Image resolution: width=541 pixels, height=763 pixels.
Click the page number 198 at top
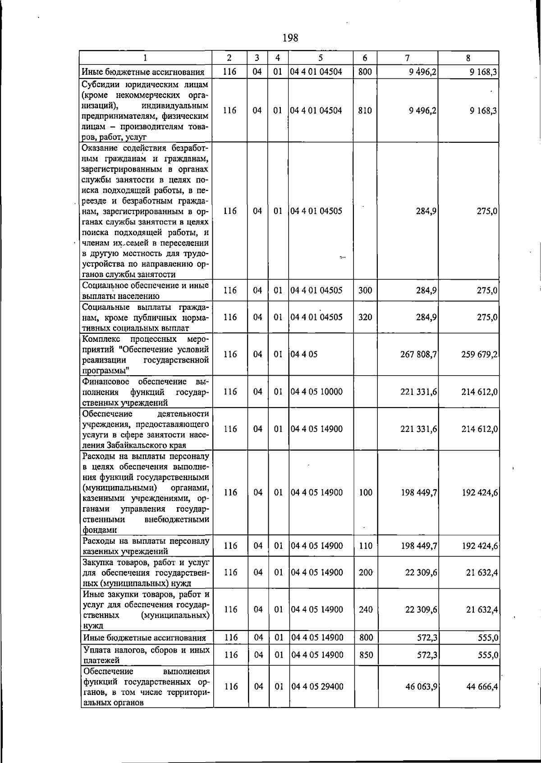(x=290, y=38)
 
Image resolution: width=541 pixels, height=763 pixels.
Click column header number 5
(x=321, y=58)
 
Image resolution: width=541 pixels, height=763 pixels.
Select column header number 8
(x=468, y=58)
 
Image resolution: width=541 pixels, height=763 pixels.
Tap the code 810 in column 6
(x=365, y=110)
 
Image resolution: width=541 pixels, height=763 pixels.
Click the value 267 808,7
(x=418, y=354)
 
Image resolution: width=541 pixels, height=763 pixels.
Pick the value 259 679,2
(x=479, y=354)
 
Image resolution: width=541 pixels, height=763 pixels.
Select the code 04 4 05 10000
(x=316, y=392)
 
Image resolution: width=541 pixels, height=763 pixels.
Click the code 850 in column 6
(x=365, y=655)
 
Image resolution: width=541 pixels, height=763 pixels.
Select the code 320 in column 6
(x=365, y=317)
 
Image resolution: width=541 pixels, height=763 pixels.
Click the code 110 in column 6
(x=366, y=546)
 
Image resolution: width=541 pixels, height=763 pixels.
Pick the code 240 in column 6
(x=366, y=610)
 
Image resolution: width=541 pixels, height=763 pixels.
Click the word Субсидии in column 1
(x=101, y=85)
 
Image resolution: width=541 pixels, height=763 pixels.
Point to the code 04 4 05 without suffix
(x=304, y=354)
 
